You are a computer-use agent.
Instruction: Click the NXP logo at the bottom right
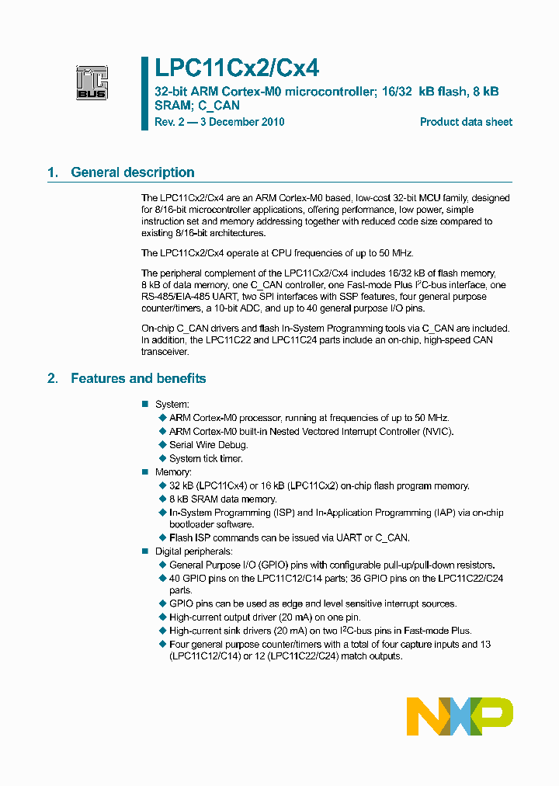[x=460, y=715]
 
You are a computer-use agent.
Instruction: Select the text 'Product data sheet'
[x=466, y=122]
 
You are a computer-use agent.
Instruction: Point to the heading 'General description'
[x=133, y=172]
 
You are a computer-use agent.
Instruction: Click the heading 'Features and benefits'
[x=138, y=378]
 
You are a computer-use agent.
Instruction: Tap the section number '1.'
[x=53, y=172]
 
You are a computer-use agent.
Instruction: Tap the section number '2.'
[x=53, y=378]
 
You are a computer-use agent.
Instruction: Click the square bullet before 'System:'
[x=144, y=405]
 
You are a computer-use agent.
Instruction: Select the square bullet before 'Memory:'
[x=144, y=472]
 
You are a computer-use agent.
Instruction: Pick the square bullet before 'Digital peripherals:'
[x=144, y=551]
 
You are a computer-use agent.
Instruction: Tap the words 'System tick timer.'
[x=206, y=458]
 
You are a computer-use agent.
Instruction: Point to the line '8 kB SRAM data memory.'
[x=222, y=499]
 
